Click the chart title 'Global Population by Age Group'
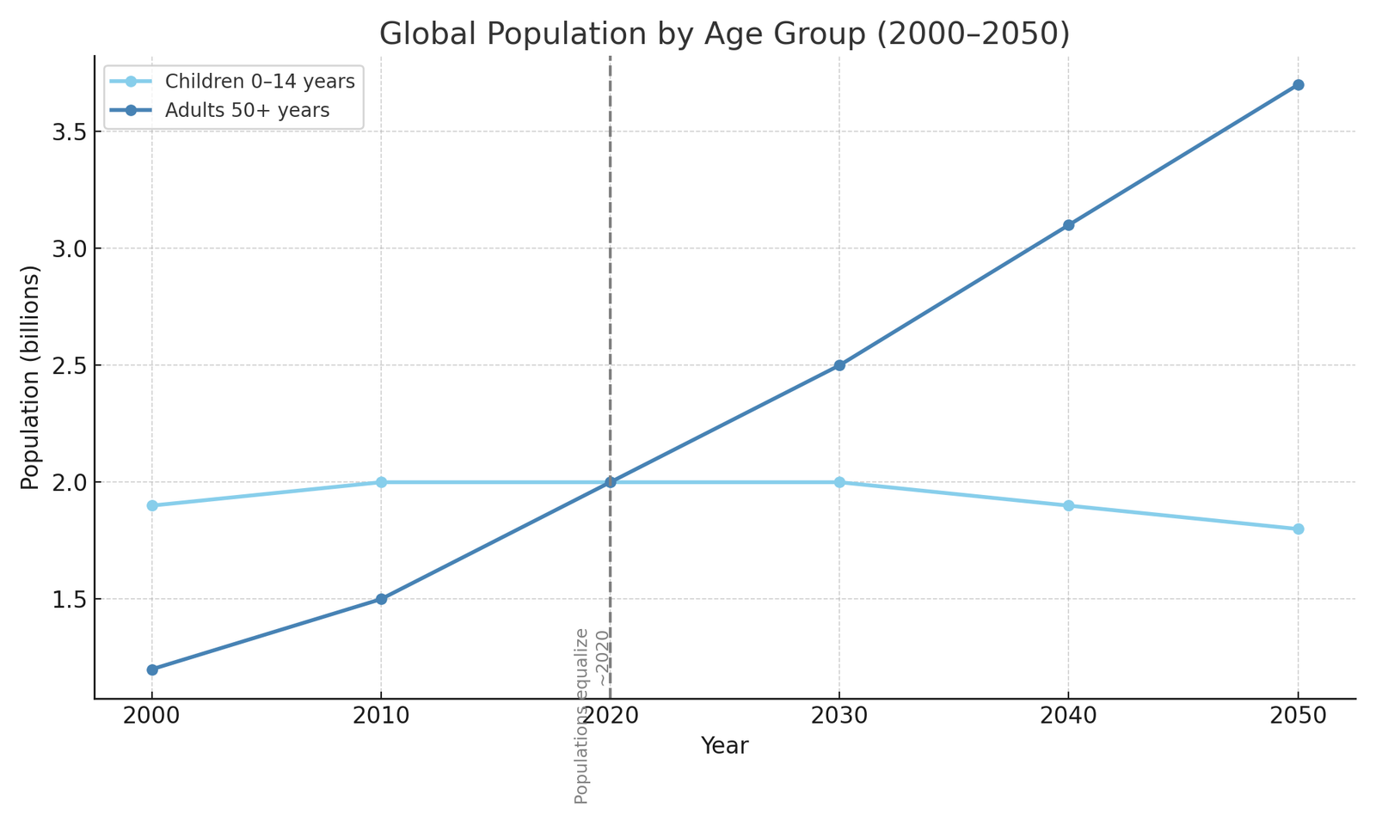pyautogui.click(x=724, y=34)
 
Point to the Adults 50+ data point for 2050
pyautogui.click(x=1298, y=85)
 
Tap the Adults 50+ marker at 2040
pyautogui.click(x=1068, y=225)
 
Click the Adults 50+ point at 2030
pyautogui.click(x=839, y=365)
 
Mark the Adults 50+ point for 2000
pyautogui.click(x=152, y=669)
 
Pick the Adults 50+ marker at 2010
pyautogui.click(x=381, y=599)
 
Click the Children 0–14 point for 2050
pyautogui.click(x=1298, y=529)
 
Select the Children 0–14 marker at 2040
pyautogui.click(x=1068, y=505)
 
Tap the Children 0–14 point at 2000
pyautogui.click(x=152, y=505)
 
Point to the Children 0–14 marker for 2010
pyautogui.click(x=381, y=482)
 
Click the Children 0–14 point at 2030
pyautogui.click(x=839, y=482)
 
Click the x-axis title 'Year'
pyautogui.click(x=724, y=746)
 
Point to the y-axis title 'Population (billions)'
pyautogui.click(x=31, y=377)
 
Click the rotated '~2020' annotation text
pyautogui.click(x=602, y=658)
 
